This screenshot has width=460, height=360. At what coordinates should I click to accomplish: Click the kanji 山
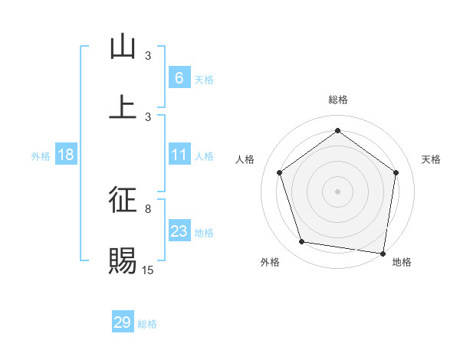pyautogui.click(x=123, y=47)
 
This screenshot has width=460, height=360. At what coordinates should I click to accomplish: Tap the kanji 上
pyautogui.click(x=123, y=106)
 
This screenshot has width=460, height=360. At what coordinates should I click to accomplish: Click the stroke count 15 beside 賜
pyautogui.click(x=148, y=269)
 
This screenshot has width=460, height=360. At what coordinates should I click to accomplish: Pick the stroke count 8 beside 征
pyautogui.click(x=148, y=208)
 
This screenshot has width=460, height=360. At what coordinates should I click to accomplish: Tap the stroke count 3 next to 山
pyautogui.click(x=148, y=56)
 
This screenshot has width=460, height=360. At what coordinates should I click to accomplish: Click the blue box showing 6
pyautogui.click(x=179, y=77)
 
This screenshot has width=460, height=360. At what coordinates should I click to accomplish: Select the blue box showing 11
pyautogui.click(x=179, y=155)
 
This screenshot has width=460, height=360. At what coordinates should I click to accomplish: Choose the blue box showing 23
pyautogui.click(x=179, y=231)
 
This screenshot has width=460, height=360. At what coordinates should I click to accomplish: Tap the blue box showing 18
pyautogui.click(x=66, y=155)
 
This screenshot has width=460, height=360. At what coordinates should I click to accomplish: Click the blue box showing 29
pyautogui.click(x=123, y=322)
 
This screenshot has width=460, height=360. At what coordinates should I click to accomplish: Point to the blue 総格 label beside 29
pyautogui.click(x=148, y=324)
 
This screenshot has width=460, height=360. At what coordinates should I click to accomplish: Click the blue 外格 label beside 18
pyautogui.click(x=41, y=156)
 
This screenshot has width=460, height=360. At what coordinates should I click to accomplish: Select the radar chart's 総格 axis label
pyautogui.click(x=338, y=100)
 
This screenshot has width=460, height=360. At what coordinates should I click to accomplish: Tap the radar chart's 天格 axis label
pyautogui.click(x=431, y=159)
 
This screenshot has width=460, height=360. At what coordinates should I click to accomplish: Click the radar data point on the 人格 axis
pyautogui.click(x=279, y=172)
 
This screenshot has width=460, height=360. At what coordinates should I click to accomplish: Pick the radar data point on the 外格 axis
pyautogui.click(x=302, y=242)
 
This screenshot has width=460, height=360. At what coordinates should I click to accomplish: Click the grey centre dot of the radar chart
pyautogui.click(x=338, y=191)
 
